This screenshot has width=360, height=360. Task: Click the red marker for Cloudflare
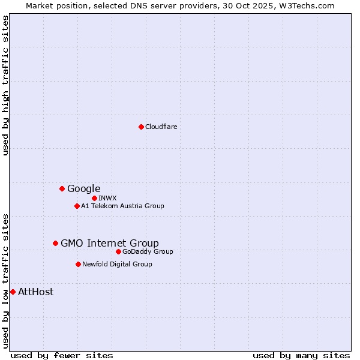tap(141, 127)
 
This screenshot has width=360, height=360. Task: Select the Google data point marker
tap(62, 188)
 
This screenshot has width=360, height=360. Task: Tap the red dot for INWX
tap(94, 198)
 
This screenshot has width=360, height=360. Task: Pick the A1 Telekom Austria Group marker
tap(77, 206)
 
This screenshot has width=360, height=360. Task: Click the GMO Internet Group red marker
tap(55, 243)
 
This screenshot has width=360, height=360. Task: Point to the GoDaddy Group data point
tap(118, 251)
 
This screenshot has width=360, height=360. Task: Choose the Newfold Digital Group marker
tap(78, 264)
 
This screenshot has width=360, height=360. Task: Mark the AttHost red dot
tap(13, 292)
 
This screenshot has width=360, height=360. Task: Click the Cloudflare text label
tap(161, 127)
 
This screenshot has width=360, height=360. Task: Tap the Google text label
tap(83, 188)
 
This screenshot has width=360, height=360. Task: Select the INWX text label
tap(107, 198)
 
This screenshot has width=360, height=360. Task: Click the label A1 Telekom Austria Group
tap(122, 206)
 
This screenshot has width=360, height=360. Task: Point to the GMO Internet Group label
tap(110, 243)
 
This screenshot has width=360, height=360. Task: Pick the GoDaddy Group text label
tap(148, 251)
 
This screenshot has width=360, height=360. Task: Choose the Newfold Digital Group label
tap(117, 264)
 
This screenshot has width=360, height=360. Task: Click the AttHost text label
tap(35, 292)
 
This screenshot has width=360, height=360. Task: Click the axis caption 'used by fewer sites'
tap(62, 355)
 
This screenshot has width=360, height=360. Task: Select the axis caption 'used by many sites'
tap(301, 355)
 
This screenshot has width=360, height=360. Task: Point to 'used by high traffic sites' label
tap(5, 85)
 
